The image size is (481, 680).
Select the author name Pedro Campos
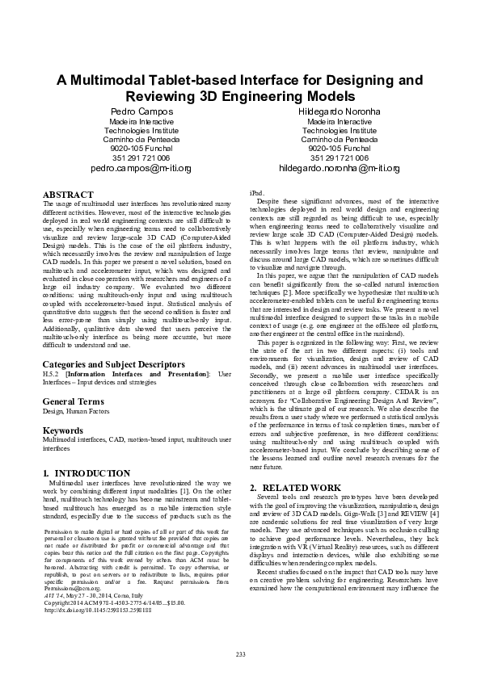click(141, 111)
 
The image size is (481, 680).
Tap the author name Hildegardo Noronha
click(340, 111)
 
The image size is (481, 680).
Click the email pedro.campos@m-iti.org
click(141, 169)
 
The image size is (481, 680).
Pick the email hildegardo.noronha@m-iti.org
click(340, 169)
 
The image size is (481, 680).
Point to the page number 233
click(240, 653)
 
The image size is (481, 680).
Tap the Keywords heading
click(63, 430)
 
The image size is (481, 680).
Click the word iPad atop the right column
click(256, 195)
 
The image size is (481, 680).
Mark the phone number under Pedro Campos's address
click(141, 158)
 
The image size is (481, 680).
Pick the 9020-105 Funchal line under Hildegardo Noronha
click(340, 149)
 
